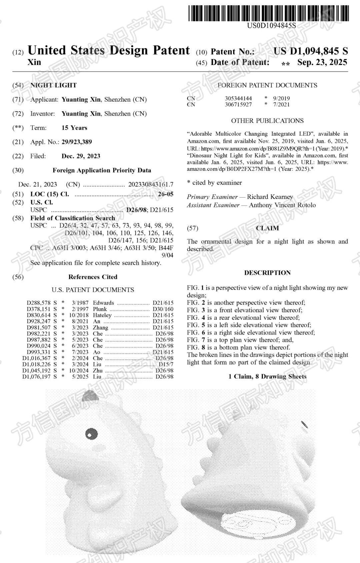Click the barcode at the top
(269, 14)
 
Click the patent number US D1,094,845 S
(311, 51)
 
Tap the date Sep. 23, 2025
(322, 62)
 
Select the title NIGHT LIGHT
(53, 85)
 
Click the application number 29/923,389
(77, 142)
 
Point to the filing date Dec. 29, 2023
(81, 156)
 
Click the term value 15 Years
(74, 128)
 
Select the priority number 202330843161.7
(151, 185)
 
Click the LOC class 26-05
(166, 194)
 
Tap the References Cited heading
(93, 277)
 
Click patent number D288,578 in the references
(39, 303)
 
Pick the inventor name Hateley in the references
(102, 315)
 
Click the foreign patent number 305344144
(238, 98)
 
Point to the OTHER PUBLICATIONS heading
(267, 121)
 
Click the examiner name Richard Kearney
(270, 197)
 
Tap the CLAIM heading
(267, 228)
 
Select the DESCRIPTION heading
(267, 273)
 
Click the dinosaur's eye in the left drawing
(92, 434)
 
